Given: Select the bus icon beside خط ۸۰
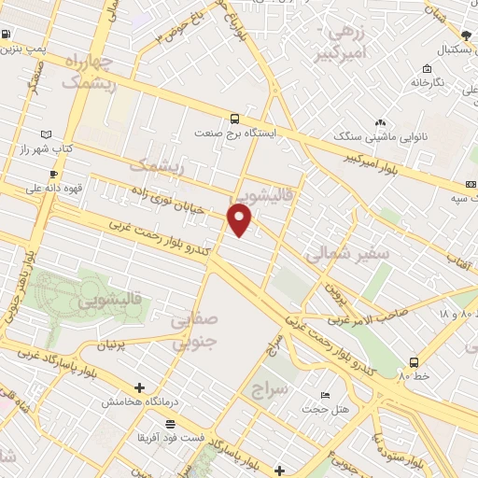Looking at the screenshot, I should coord(414,361).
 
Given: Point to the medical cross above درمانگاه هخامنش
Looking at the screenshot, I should coord(139,387).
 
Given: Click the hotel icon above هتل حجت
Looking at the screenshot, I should coord(325,395).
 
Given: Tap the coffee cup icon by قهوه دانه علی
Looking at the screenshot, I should coord(53,174).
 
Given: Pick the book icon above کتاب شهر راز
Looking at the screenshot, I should coord(48,134).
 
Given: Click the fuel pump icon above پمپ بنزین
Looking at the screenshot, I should coord(7,35).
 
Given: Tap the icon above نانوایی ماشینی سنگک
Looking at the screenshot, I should coord(380,123).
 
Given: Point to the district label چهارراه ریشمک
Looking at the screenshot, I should coord(90,71).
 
